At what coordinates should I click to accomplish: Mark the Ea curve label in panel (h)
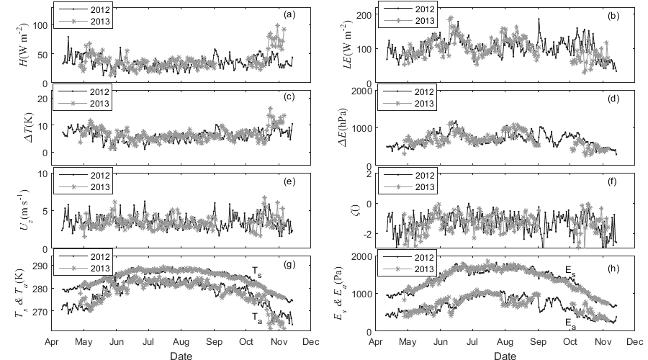[570, 322]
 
